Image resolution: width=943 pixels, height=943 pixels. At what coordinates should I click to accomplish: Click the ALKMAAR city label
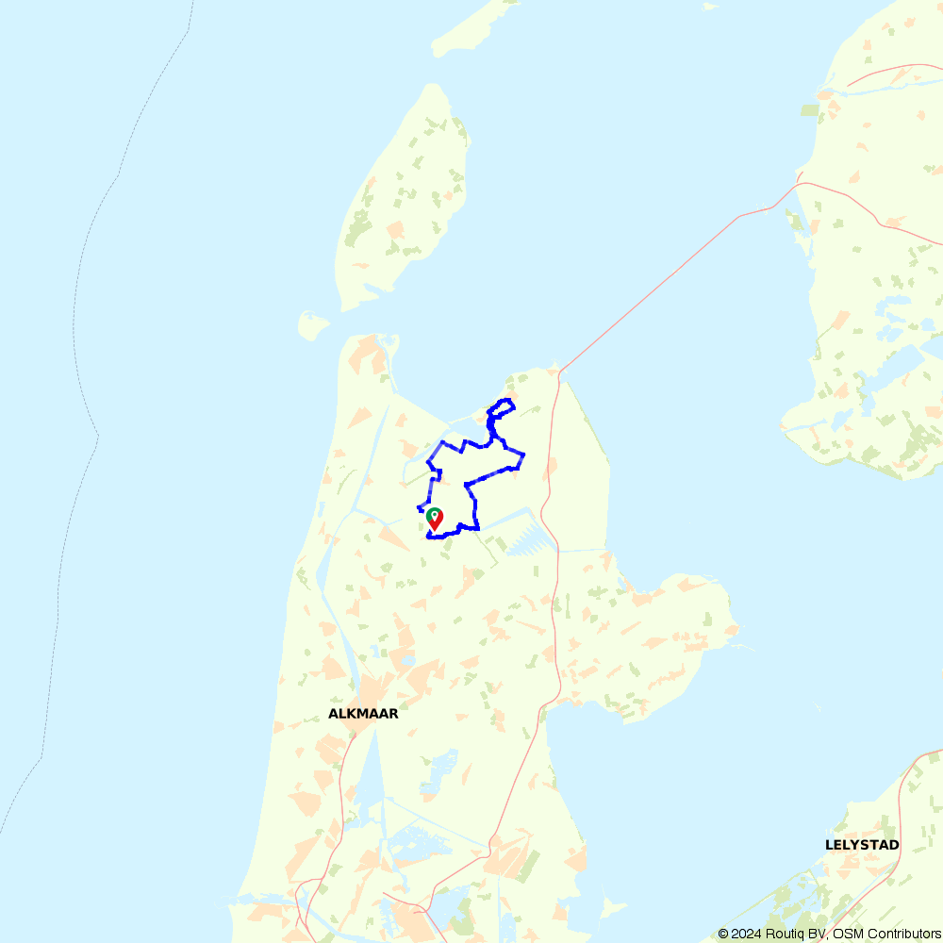pos(363,714)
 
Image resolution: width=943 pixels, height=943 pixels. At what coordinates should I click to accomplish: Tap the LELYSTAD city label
pos(862,845)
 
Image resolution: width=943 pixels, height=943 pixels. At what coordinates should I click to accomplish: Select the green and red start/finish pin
pos(435,519)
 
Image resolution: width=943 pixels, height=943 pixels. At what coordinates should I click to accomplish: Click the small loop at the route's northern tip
pos(502,407)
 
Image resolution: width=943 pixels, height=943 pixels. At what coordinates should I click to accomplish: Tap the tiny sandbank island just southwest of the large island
pos(313,326)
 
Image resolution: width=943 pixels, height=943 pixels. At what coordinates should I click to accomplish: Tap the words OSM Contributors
pos(886,934)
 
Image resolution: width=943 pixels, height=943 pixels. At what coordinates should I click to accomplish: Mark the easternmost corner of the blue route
pos(523,455)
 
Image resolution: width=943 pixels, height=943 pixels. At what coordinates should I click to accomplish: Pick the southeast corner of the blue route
pos(478,528)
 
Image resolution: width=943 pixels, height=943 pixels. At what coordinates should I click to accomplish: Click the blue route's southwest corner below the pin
pos(428,537)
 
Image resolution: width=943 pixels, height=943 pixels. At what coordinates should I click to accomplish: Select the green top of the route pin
pos(435,514)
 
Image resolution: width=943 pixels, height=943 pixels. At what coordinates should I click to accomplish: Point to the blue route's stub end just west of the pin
pos(419,509)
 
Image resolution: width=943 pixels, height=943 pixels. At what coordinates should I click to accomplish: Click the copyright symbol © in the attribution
pos(723,934)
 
